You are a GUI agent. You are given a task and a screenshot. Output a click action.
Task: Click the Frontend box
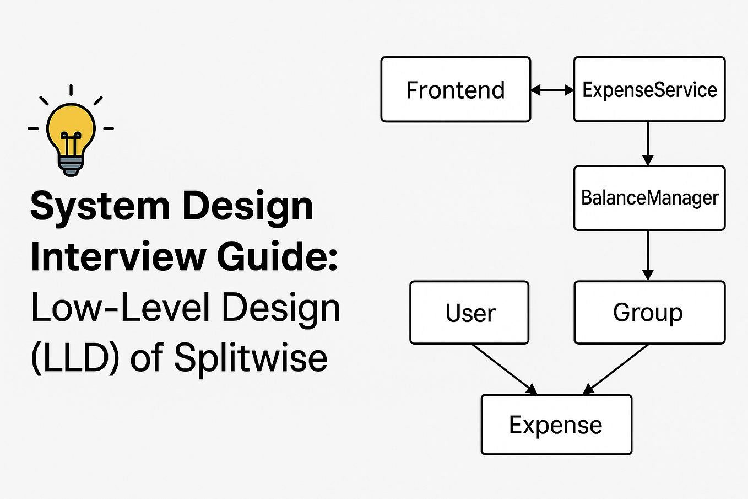coord(456,89)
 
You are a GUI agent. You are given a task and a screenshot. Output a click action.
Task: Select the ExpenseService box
coord(649,89)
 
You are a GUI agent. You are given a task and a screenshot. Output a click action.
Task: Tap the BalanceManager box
coord(649,198)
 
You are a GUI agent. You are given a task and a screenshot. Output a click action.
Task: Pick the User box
coord(469,313)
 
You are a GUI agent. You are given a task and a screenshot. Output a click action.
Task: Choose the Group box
coord(649,313)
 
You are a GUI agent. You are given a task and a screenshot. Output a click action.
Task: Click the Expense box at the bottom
coord(556,425)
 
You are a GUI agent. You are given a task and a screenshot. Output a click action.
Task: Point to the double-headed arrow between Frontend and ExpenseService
coord(552,90)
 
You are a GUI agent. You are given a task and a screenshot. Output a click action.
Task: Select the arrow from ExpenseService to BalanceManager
coord(648,143)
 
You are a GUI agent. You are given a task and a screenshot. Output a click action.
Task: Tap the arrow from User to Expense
coord(504,369)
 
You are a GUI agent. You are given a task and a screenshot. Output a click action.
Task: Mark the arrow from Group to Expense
coord(616,369)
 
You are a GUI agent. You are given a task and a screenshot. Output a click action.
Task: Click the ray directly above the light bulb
coord(71,90)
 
